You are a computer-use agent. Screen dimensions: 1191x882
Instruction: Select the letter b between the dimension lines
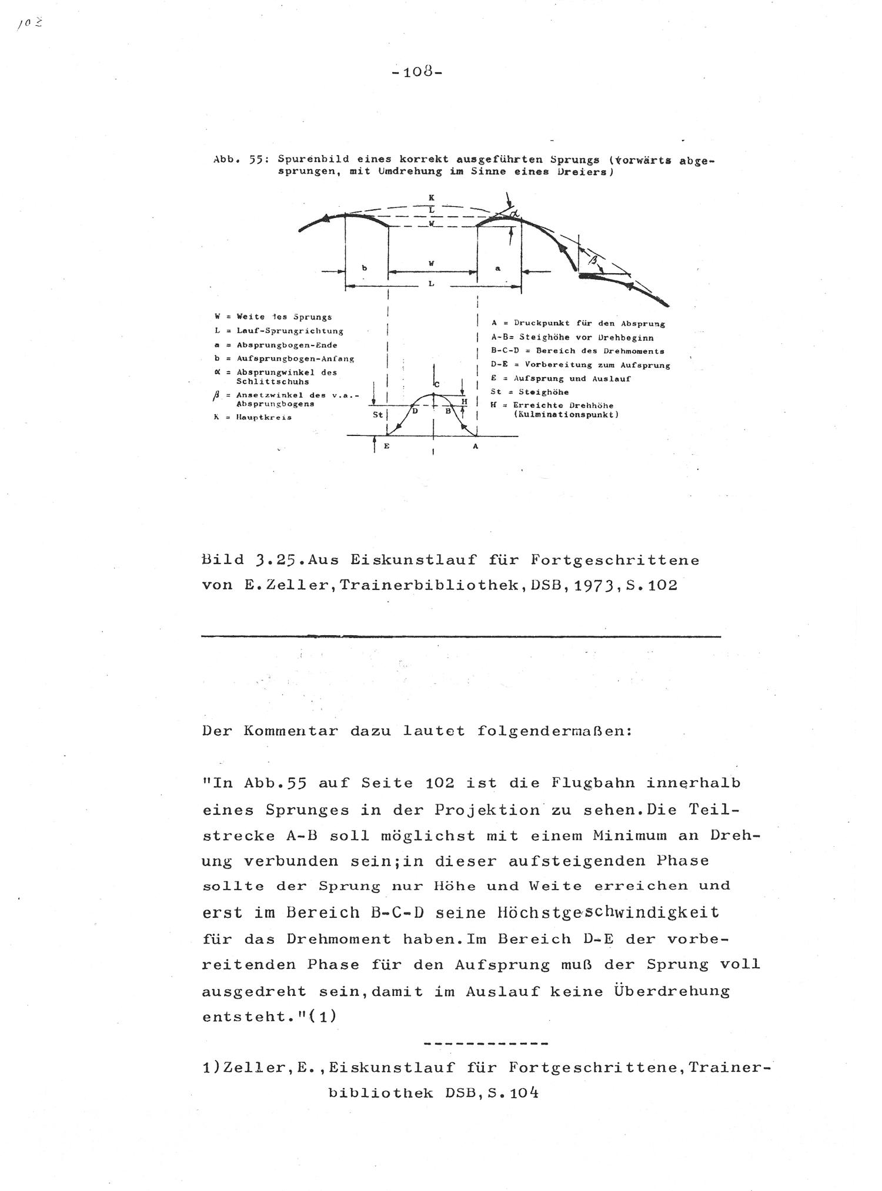365,268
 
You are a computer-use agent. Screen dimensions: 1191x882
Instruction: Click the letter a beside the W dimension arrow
497,268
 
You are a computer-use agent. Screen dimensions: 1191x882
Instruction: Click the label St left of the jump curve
377,414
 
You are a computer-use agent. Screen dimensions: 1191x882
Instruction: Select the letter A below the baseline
476,447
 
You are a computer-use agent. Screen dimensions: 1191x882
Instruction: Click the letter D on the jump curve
415,411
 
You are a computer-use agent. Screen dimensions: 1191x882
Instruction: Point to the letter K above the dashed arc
432,198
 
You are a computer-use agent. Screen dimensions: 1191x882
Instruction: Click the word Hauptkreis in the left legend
264,418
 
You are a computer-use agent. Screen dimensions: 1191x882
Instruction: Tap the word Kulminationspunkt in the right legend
567,414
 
